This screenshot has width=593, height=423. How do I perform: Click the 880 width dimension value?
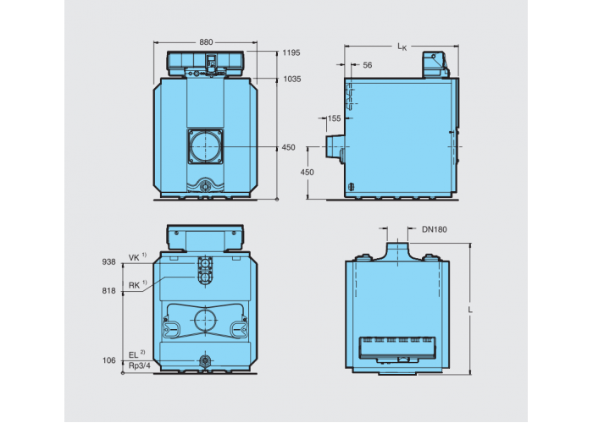coord(206,42)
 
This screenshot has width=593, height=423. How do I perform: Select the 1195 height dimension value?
coord(291,52)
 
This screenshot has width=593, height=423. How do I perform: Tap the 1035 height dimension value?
coord(292,80)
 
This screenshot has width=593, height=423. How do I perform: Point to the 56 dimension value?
coord(367,65)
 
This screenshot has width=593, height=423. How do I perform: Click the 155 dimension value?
coord(334,118)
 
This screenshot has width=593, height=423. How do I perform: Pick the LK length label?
coord(402,47)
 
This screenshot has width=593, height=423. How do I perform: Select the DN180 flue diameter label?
coord(434,229)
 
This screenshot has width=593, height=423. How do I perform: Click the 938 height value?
coord(108,262)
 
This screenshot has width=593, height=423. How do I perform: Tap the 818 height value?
coord(108,291)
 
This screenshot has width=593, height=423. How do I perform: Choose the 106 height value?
coord(109,360)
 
